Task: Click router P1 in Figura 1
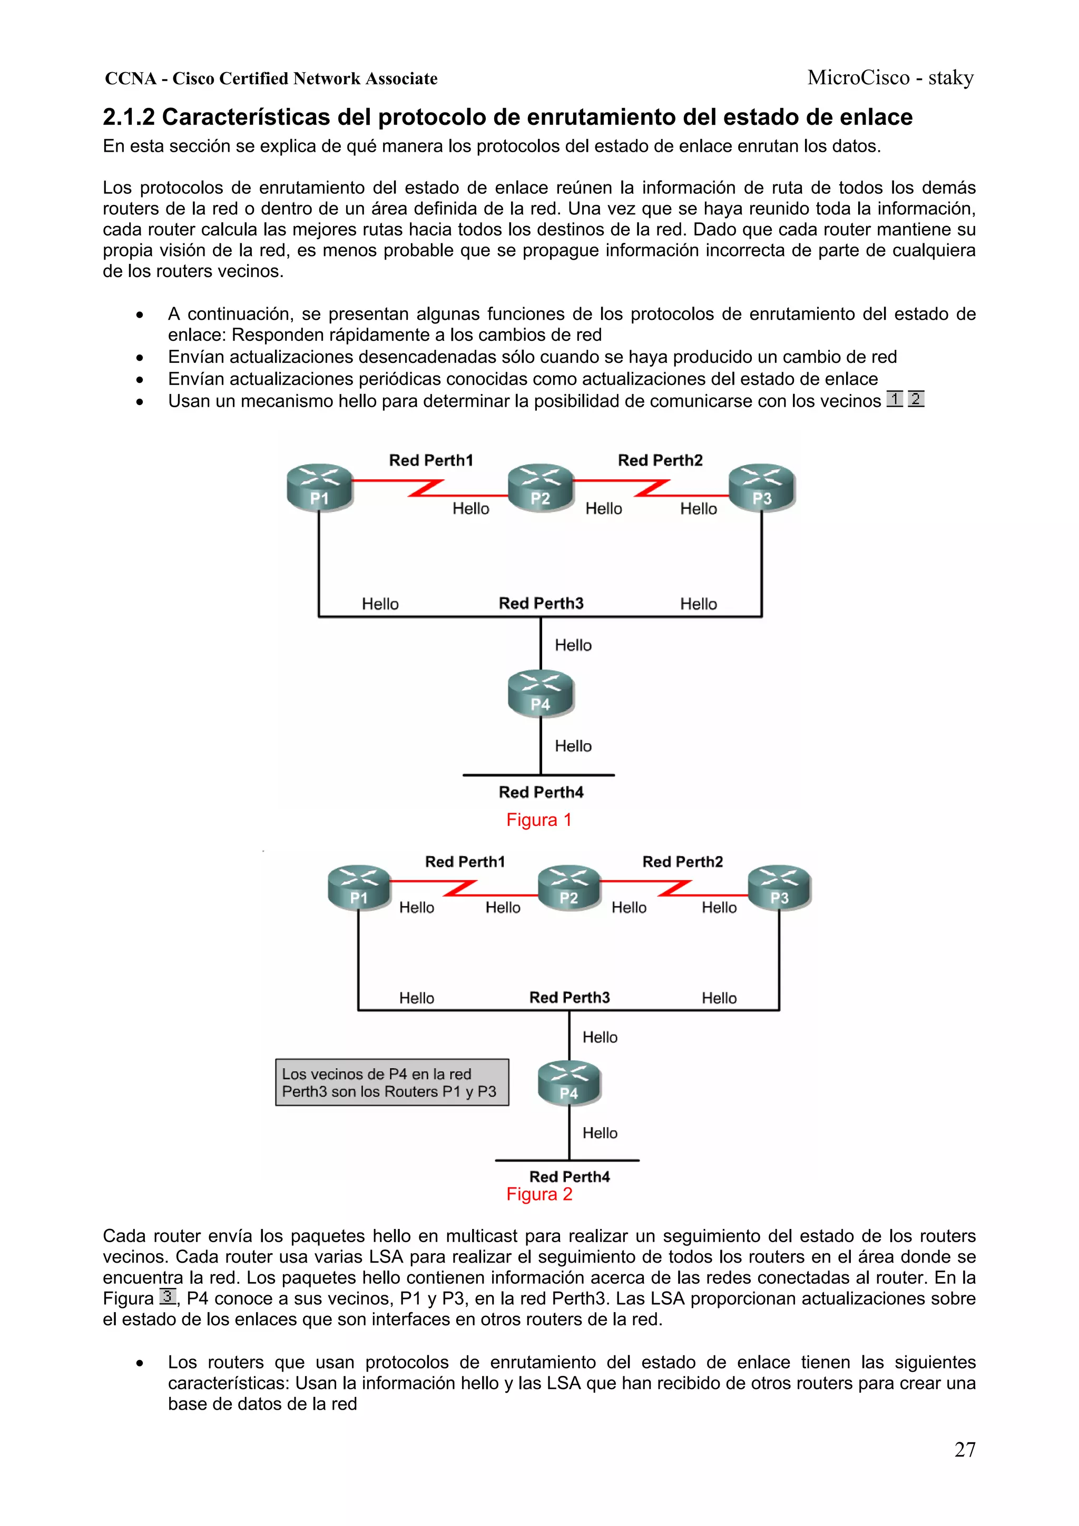click(319, 488)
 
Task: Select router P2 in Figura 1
click(541, 488)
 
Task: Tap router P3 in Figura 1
click(761, 488)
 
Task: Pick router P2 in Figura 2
click(569, 889)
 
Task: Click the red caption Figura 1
click(538, 820)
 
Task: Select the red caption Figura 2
click(538, 1194)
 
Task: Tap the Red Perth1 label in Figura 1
click(431, 460)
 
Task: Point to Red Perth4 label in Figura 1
click(541, 792)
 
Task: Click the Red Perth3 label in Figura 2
click(569, 997)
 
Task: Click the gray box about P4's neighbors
click(391, 1082)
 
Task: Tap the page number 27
click(965, 1449)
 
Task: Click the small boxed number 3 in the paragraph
click(168, 1296)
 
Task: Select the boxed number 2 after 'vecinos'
click(916, 399)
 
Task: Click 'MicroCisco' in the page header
click(858, 78)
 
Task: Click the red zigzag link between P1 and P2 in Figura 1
click(426, 488)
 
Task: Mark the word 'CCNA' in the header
click(130, 78)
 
